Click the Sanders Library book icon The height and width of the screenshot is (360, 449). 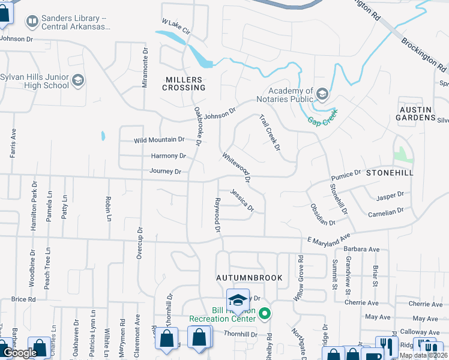32,22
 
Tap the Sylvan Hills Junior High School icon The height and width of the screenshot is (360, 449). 78,80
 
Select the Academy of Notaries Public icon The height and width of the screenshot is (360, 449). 322,94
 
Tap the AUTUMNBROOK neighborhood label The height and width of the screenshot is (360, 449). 241,278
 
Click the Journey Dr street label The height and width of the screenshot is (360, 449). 165,172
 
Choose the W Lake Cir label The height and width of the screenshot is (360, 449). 175,26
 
